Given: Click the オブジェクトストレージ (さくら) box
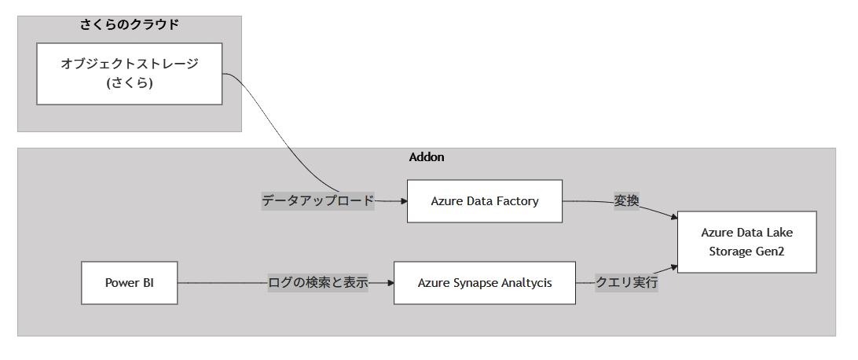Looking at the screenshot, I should (x=130, y=73).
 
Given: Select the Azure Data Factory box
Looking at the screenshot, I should (x=484, y=201).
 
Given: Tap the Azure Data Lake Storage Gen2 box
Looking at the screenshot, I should (x=746, y=242).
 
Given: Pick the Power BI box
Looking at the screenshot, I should (x=129, y=283).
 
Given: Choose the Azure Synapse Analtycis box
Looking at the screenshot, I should (x=484, y=283).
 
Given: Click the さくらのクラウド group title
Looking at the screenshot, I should (x=130, y=24).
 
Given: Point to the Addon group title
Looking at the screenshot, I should (x=427, y=157).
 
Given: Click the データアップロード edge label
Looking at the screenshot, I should (x=317, y=201).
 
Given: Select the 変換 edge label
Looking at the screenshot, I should (x=626, y=201).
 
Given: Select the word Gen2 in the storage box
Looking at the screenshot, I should (x=769, y=252).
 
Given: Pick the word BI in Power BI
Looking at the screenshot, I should (x=147, y=283).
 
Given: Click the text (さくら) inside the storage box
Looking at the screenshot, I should (x=130, y=83).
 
